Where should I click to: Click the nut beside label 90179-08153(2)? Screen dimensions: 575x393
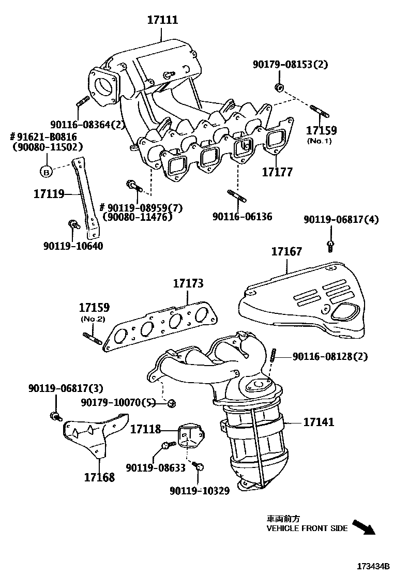pos(278,86)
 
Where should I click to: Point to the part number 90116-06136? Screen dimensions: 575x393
pos(242,217)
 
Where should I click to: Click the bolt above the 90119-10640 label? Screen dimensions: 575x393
pos(73,224)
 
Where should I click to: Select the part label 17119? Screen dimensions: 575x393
pos(49,194)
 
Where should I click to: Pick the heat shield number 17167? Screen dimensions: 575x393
pos(287,252)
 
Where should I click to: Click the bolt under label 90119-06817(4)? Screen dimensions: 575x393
pos(330,245)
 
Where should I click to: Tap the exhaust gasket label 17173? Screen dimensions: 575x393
pos(188,283)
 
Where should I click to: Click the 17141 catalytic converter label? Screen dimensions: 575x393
pos(318,422)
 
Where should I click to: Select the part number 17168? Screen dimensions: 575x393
pos(99,476)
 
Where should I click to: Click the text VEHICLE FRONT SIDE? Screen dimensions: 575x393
pos(307,528)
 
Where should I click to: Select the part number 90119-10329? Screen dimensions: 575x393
pos(199,490)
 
